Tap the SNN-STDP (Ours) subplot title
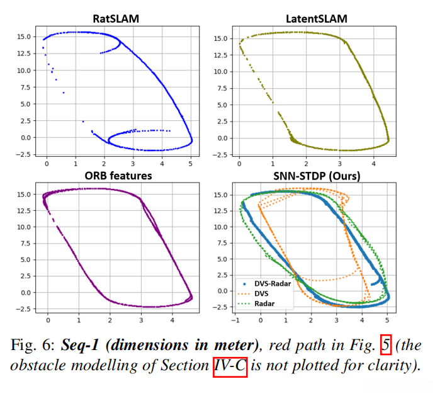[x=312, y=176]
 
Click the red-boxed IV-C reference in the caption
[x=230, y=366]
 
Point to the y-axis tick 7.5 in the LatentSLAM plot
[x=221, y=88]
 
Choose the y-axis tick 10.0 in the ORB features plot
[x=25, y=227]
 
